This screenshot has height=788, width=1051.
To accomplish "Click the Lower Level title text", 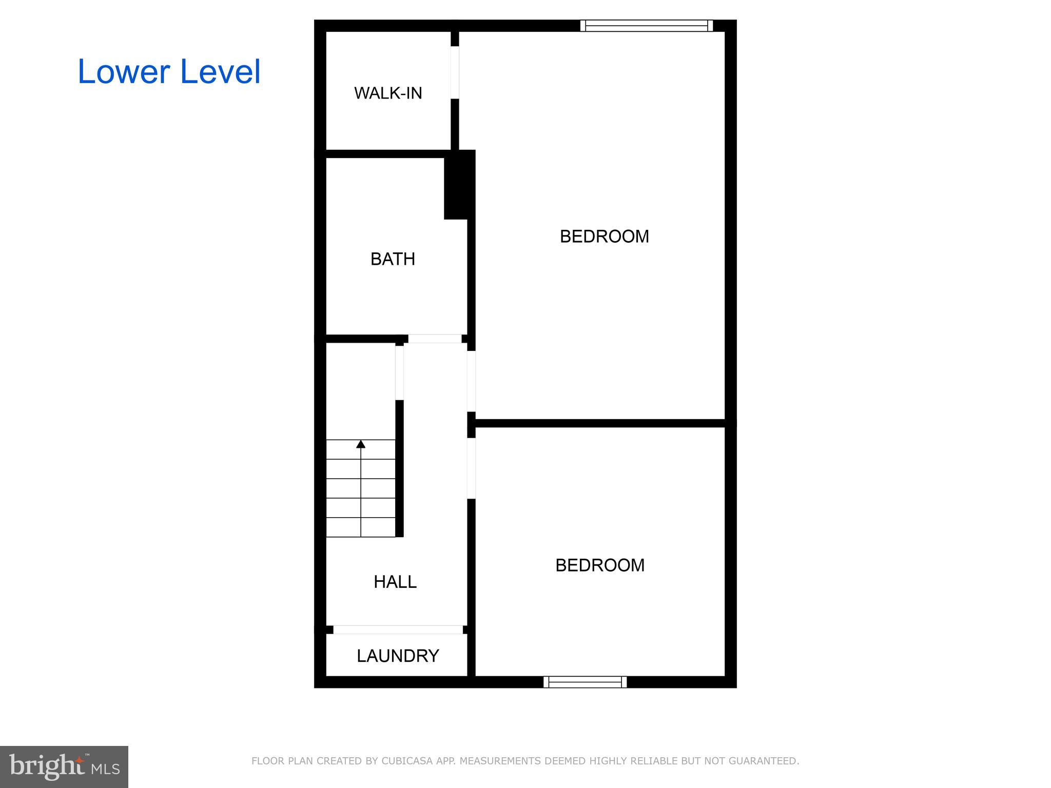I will click(x=169, y=72).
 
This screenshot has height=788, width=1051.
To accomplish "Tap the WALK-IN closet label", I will click(x=388, y=93).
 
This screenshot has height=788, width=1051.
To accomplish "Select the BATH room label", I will click(x=393, y=259).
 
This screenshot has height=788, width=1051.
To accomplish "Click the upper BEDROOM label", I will click(x=604, y=237).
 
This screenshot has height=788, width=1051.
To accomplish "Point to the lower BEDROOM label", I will click(x=600, y=565).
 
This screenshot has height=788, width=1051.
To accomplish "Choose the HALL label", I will click(x=395, y=582).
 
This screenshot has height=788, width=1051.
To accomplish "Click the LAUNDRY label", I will click(x=398, y=656).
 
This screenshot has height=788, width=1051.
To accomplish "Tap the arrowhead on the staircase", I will click(x=361, y=444).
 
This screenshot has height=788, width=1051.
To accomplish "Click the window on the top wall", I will click(x=647, y=26).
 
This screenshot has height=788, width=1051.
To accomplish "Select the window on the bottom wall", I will click(x=585, y=682).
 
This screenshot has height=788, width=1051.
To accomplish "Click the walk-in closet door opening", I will click(x=455, y=72).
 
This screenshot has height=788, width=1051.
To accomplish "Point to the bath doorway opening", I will click(x=435, y=339).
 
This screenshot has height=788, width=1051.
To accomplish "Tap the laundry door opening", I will click(x=398, y=629).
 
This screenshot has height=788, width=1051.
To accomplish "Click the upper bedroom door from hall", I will click(x=471, y=381).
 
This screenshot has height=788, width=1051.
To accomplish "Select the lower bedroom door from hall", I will click(x=471, y=468).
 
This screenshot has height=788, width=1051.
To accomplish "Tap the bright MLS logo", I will click(x=64, y=767).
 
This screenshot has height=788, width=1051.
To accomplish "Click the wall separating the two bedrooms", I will click(x=600, y=423).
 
